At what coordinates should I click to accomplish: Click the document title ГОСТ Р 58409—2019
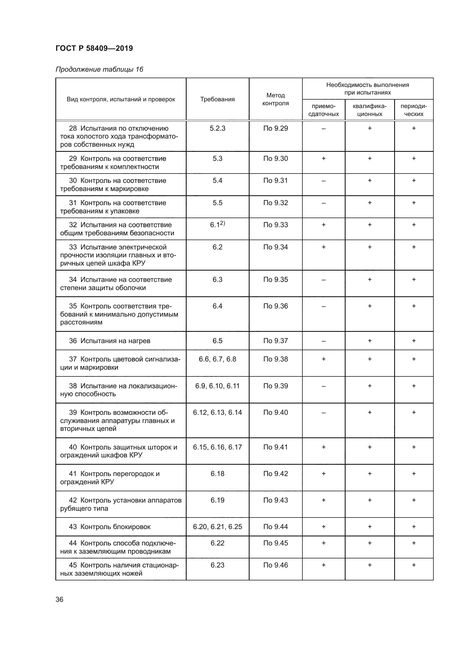94,48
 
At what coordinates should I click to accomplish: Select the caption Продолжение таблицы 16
99,69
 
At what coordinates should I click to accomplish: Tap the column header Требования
217,99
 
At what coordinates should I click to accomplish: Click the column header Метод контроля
276,99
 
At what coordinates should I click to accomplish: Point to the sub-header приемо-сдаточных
324,110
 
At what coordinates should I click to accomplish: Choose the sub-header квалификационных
370,110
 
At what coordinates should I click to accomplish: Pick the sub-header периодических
414,110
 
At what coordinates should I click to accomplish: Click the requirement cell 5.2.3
217,128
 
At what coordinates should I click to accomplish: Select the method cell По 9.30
276,158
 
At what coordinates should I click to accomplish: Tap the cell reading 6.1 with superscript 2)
217,225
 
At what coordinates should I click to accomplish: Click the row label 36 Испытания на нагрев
110,341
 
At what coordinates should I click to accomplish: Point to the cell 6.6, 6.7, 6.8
217,359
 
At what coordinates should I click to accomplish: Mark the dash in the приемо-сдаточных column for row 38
324,386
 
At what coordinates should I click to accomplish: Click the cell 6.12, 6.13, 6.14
217,413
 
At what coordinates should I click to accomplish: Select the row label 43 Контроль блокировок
110,527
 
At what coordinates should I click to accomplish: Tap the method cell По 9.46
276,565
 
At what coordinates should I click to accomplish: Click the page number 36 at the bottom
60,599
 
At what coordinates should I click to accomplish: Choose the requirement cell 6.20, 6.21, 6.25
217,527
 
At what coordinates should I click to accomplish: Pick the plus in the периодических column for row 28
414,128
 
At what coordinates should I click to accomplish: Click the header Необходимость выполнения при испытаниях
368,89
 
